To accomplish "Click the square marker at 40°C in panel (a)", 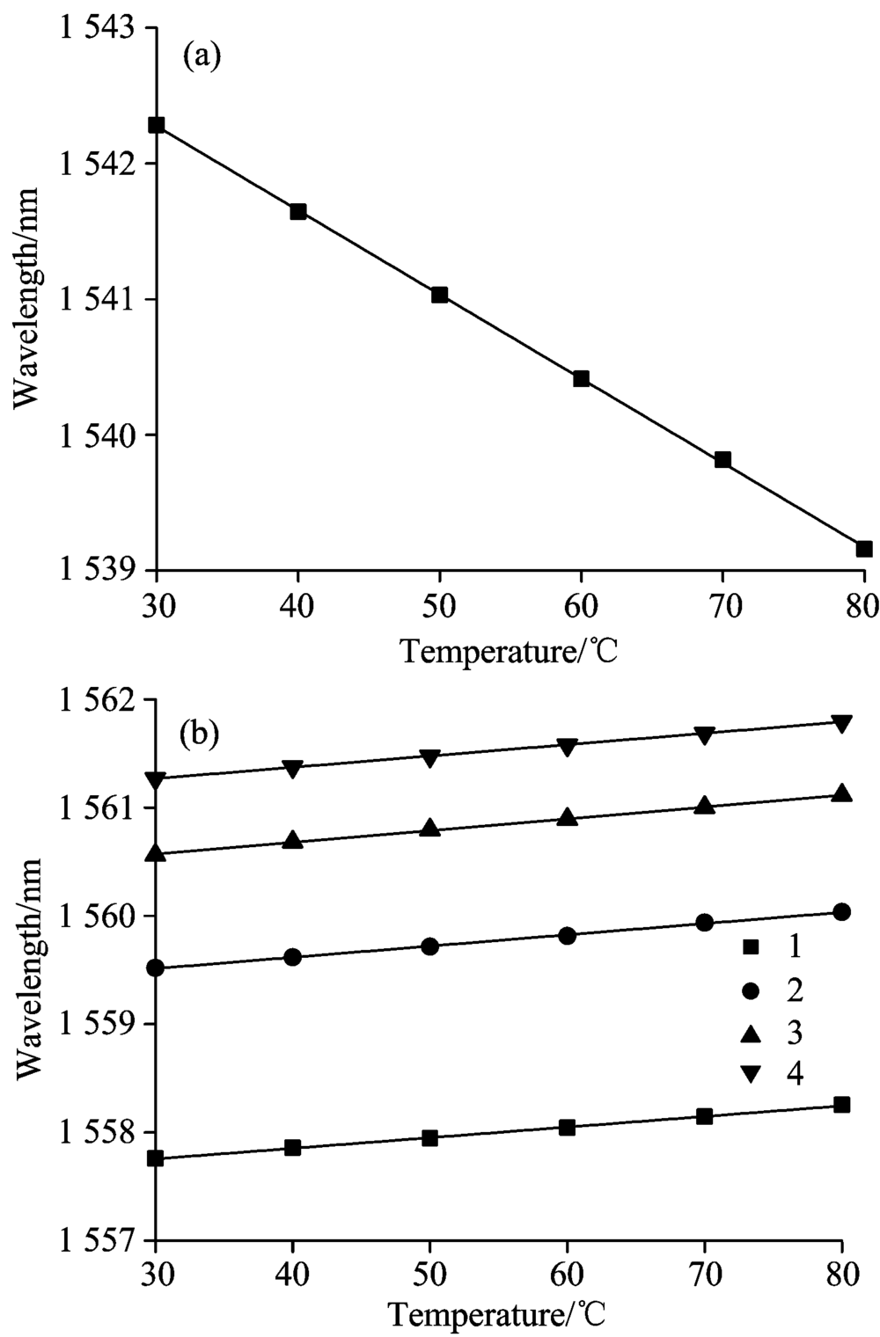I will point(298,211).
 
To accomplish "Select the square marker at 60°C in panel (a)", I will point(581,379).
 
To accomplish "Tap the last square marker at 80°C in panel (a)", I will point(863,549).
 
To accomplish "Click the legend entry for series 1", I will point(771,947).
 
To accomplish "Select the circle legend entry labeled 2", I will point(771,990).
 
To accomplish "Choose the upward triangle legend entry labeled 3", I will point(771,1033).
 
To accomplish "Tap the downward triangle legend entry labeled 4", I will point(771,1074).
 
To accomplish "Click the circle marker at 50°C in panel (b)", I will point(430,946).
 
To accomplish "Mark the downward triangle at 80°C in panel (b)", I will point(842,724).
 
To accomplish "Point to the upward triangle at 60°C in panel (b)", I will point(568,818).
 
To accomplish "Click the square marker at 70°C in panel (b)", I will point(704,1116).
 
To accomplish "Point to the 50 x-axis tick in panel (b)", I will point(430,1273).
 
